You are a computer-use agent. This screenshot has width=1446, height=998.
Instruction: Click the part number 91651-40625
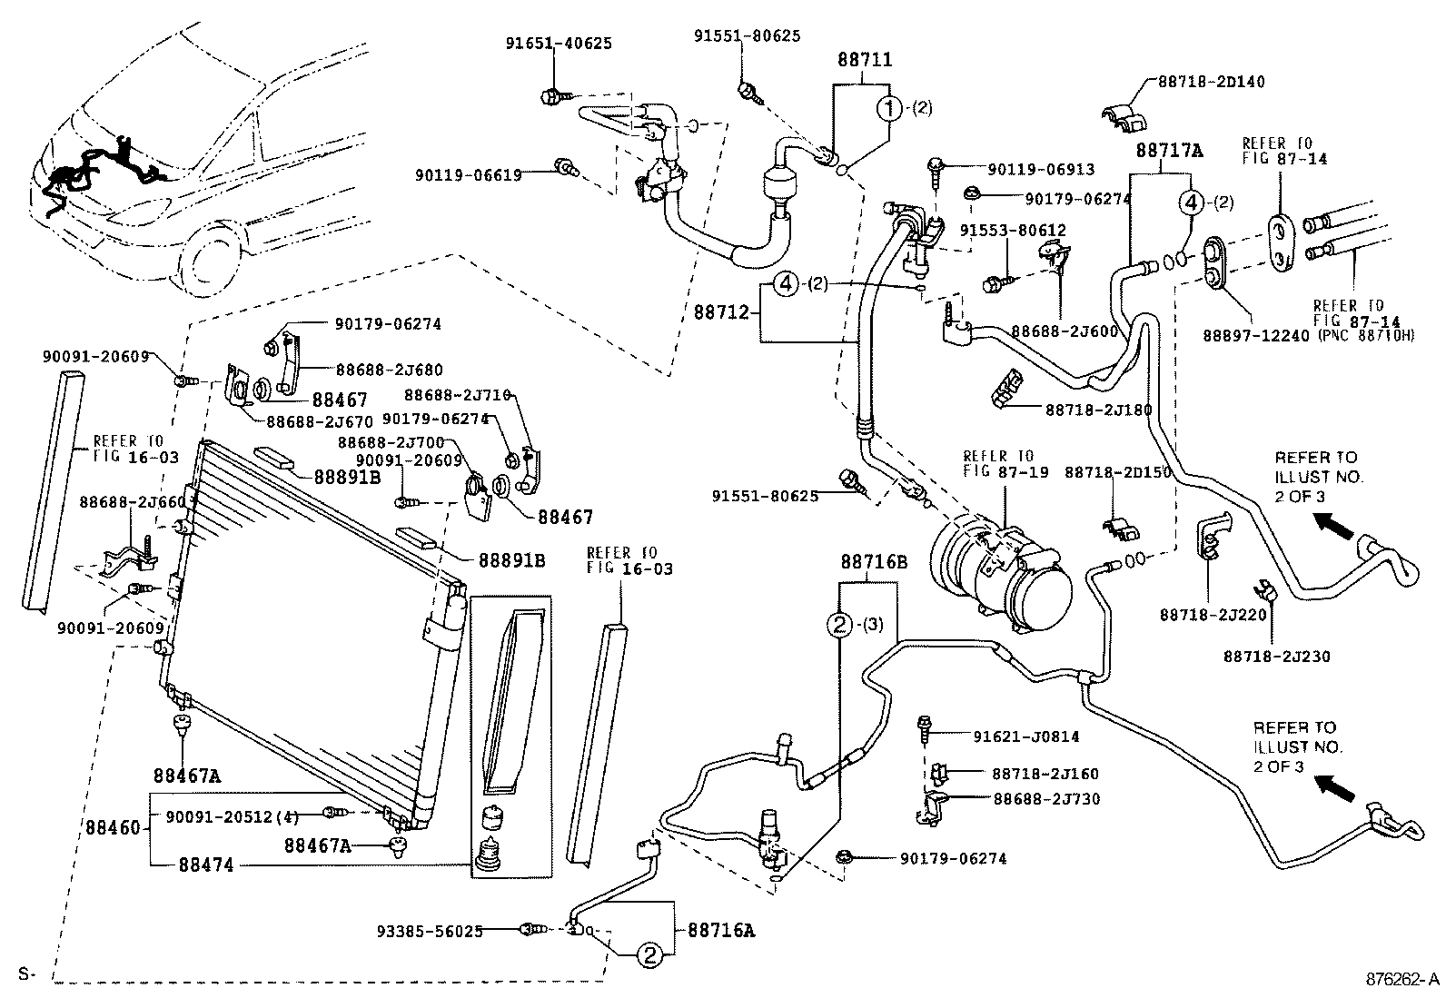click(x=559, y=43)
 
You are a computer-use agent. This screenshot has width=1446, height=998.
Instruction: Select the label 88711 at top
click(x=864, y=61)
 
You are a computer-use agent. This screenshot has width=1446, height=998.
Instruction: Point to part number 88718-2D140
click(x=1211, y=81)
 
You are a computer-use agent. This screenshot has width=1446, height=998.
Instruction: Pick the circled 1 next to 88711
click(x=888, y=108)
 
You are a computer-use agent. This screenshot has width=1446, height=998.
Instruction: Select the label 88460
click(x=114, y=828)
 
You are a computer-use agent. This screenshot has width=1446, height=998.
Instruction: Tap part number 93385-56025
click(x=429, y=930)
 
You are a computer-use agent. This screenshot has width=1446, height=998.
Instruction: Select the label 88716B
click(x=873, y=562)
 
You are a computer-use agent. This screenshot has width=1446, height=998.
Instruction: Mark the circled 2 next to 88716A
click(x=649, y=954)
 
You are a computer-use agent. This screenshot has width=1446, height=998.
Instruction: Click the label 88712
click(x=721, y=312)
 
